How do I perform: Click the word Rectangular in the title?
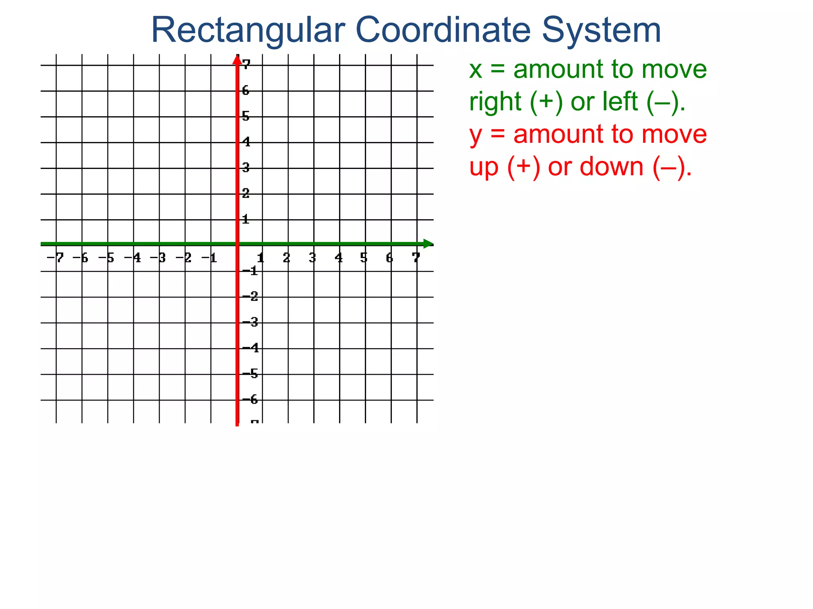(x=248, y=31)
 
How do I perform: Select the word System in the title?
(x=601, y=31)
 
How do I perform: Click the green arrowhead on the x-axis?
(x=428, y=244)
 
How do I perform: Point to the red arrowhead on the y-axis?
(x=237, y=60)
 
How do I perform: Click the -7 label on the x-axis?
(x=55, y=258)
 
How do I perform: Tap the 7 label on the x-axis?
(x=416, y=258)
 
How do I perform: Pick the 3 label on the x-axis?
(x=312, y=258)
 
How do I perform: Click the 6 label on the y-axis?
(x=246, y=91)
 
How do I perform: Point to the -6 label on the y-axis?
(x=250, y=400)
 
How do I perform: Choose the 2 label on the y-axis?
(x=246, y=193)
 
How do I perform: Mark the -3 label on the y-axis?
(x=250, y=322)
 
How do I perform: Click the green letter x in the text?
(x=476, y=70)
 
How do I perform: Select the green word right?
(x=495, y=102)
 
